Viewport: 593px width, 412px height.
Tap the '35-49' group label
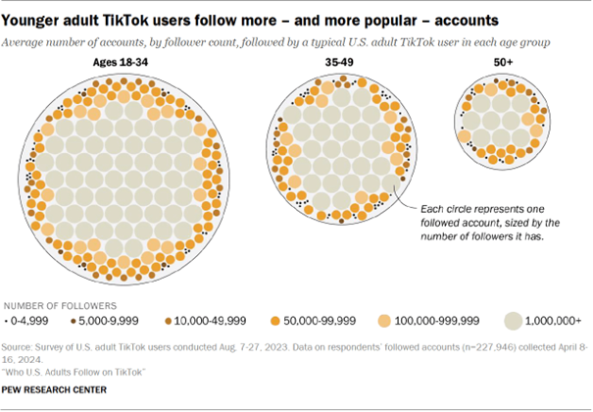click(348, 63)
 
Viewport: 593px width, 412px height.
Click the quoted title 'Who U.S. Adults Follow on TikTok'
click(74, 371)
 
